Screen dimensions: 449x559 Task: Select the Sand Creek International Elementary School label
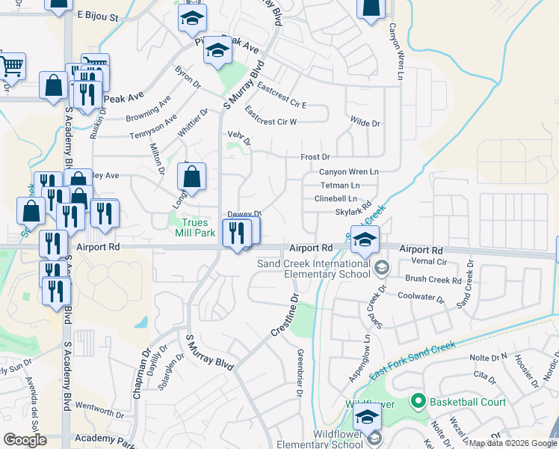(313, 268)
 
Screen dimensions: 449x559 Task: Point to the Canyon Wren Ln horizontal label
(349, 171)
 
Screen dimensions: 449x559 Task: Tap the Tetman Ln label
(340, 185)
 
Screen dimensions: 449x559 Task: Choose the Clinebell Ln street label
(336, 198)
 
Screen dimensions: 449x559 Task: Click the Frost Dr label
(315, 157)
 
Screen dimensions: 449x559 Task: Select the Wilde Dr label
(365, 123)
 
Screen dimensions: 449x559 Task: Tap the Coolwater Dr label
(420, 296)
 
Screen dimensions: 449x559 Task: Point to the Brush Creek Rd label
(433, 278)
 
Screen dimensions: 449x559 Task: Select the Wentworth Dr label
(99, 412)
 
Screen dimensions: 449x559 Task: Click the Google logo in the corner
(25, 439)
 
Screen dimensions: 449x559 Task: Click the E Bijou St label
(98, 15)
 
